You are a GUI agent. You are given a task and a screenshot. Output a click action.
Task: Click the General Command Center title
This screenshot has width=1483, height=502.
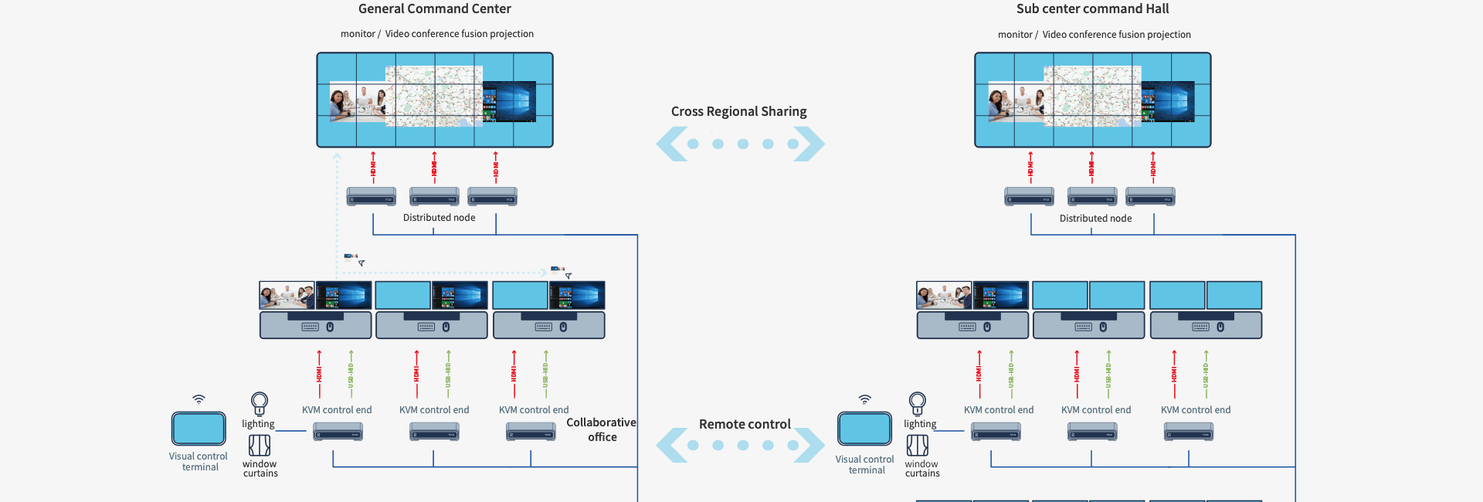[x=434, y=9]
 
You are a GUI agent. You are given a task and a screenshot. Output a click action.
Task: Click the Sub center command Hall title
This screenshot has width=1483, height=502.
[x=1092, y=9]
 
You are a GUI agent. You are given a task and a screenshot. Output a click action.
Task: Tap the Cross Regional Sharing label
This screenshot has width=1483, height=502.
[x=738, y=111]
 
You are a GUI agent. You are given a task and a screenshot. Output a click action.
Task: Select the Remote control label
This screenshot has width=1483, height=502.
[x=745, y=424]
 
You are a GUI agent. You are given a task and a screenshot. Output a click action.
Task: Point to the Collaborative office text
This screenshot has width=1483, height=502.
[x=601, y=429]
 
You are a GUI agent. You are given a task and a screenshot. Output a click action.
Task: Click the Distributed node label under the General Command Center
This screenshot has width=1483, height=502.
[x=439, y=218]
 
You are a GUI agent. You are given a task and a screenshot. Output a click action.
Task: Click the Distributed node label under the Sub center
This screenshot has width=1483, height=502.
[x=1095, y=219]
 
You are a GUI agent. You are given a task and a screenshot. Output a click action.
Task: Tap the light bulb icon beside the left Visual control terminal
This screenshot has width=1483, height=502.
[x=260, y=403]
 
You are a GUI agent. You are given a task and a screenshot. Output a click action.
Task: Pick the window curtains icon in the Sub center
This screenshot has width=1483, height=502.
[x=917, y=445]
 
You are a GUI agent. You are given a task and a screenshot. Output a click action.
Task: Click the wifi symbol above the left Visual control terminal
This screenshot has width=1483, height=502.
[x=199, y=399]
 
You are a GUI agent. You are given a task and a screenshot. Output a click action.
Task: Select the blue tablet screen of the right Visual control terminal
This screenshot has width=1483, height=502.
[x=865, y=429]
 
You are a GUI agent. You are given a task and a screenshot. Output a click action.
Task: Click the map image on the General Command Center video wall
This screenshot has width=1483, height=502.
[x=434, y=97]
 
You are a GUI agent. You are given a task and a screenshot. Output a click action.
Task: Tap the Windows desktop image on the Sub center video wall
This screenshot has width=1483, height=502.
[x=1168, y=101]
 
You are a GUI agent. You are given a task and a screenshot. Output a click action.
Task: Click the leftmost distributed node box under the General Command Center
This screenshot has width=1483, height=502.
[x=372, y=196]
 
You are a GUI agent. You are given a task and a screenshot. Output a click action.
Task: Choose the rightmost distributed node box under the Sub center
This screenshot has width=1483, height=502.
[x=1150, y=196]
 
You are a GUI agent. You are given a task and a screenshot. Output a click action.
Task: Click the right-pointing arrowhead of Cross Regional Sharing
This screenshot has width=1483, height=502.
[x=810, y=144]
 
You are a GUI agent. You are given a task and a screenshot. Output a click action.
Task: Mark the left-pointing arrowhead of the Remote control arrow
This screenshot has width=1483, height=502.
[x=670, y=445]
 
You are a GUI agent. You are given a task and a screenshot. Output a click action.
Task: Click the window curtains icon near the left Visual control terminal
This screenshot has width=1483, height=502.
[x=260, y=446]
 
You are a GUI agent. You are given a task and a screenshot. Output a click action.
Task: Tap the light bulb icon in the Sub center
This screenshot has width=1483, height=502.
[x=917, y=403]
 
